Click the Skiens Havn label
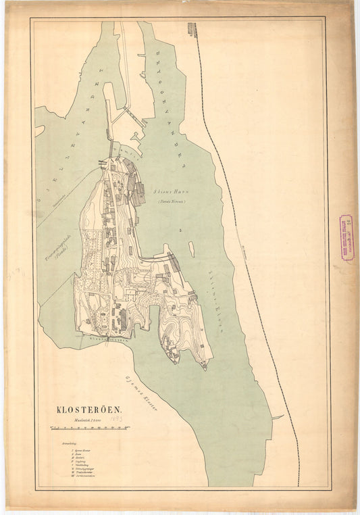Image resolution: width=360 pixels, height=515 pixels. tap(169, 193)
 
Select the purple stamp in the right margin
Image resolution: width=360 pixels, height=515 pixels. tap(345, 238)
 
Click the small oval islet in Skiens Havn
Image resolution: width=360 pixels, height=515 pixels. tap(192, 249)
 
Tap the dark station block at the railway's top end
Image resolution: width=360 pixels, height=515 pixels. tap(192, 30)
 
